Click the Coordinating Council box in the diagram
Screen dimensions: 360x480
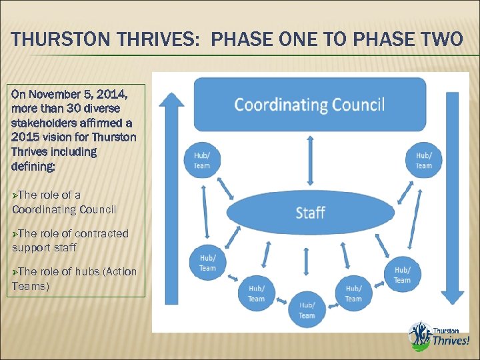pyautogui.click(x=309, y=105)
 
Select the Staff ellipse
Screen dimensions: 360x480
pyautogui.click(x=310, y=213)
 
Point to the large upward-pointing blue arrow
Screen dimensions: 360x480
pyautogui.click(x=171, y=200)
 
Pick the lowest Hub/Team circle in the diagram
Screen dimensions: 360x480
pyautogui.click(x=307, y=310)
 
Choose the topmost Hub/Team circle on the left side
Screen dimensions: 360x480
pyautogui.click(x=201, y=161)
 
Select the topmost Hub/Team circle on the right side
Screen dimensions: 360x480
pyautogui.click(x=423, y=161)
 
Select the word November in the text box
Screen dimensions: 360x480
pyautogui.click(x=55, y=94)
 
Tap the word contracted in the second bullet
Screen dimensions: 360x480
pyautogui.click(x=102, y=233)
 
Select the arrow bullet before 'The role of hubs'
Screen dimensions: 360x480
pyautogui.click(x=15, y=271)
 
